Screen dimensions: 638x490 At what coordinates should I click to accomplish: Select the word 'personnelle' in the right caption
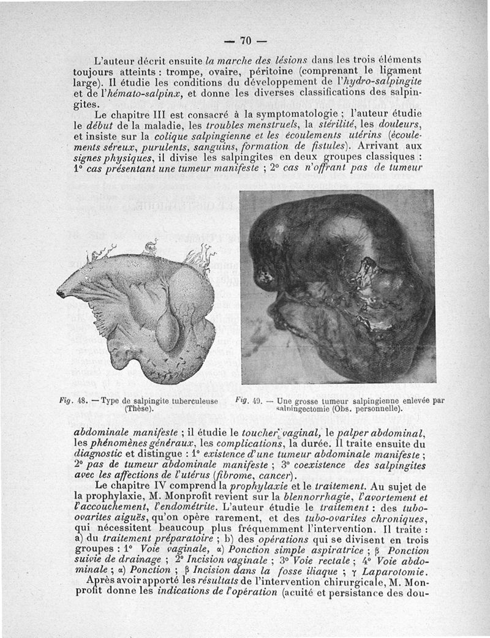[377, 408]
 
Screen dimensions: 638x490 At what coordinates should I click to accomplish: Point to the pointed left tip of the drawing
[60, 294]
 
